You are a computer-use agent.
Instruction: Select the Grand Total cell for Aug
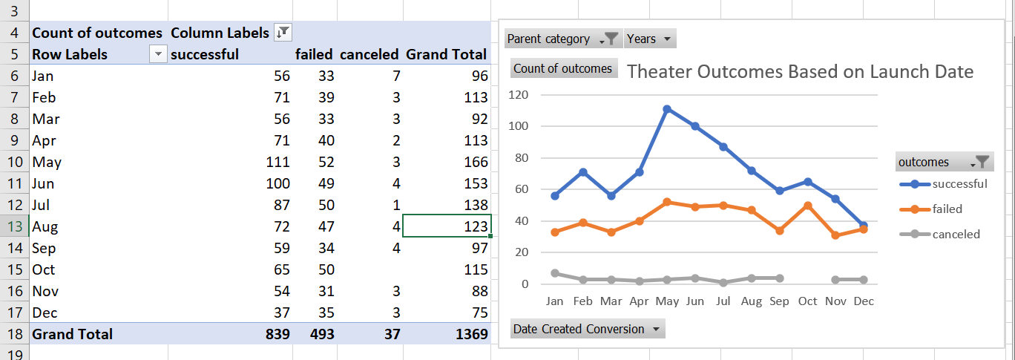447,226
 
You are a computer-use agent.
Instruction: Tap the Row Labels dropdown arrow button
157,54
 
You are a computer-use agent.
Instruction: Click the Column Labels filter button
283,32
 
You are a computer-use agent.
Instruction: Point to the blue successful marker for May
667,109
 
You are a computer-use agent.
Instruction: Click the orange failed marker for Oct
807,206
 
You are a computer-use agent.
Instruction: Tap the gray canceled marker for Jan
555,273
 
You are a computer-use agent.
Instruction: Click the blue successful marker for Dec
864,226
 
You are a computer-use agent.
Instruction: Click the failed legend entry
947,209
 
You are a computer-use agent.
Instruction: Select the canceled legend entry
955,235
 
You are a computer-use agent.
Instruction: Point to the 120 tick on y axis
519,95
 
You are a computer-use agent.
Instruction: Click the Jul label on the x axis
723,301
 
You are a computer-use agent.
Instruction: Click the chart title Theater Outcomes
800,71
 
